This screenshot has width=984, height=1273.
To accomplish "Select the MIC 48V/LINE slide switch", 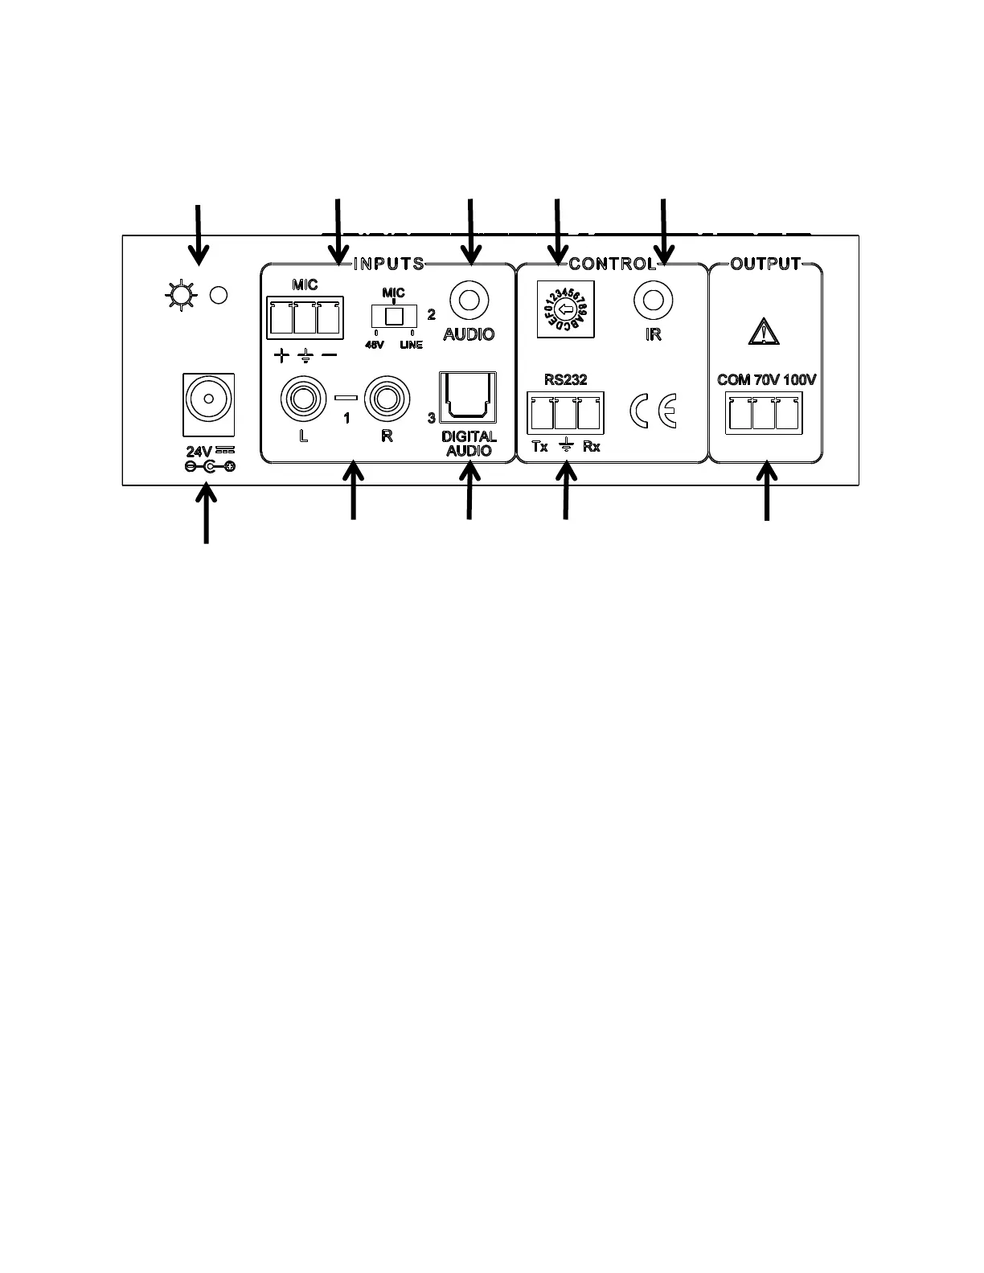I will (x=393, y=316).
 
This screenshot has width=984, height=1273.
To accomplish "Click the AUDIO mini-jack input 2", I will (x=469, y=301).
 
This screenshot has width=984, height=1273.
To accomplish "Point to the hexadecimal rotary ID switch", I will (x=565, y=311).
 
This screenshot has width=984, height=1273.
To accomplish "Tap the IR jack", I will (x=653, y=301).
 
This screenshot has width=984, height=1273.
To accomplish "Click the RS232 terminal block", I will (x=566, y=413).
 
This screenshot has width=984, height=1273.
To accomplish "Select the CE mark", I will (x=653, y=411).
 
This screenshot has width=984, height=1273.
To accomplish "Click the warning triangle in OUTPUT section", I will (x=764, y=331).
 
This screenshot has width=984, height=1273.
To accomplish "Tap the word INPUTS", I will (x=389, y=264).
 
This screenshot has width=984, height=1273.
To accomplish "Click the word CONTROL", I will (x=613, y=264).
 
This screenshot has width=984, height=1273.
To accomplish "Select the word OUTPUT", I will (x=765, y=264).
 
